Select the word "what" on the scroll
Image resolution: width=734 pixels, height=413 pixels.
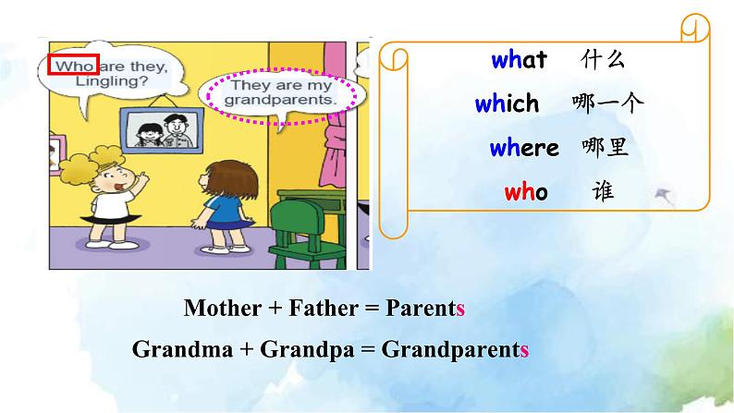pyautogui.click(x=519, y=61)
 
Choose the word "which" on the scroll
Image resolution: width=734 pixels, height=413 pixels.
pyautogui.click(x=507, y=104)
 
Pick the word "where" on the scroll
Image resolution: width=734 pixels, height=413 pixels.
pyautogui.click(x=524, y=148)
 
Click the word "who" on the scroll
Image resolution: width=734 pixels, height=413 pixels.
pyautogui.click(x=526, y=192)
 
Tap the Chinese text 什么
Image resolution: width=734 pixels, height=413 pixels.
pyautogui.click(x=604, y=61)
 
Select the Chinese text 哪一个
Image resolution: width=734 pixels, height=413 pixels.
pyautogui.click(x=608, y=104)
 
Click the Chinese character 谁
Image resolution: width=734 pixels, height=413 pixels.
pyautogui.click(x=602, y=192)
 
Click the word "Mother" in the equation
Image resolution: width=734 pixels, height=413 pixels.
pyautogui.click(x=223, y=308)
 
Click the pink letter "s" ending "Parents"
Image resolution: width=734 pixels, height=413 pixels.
pyautogui.click(x=459, y=309)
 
